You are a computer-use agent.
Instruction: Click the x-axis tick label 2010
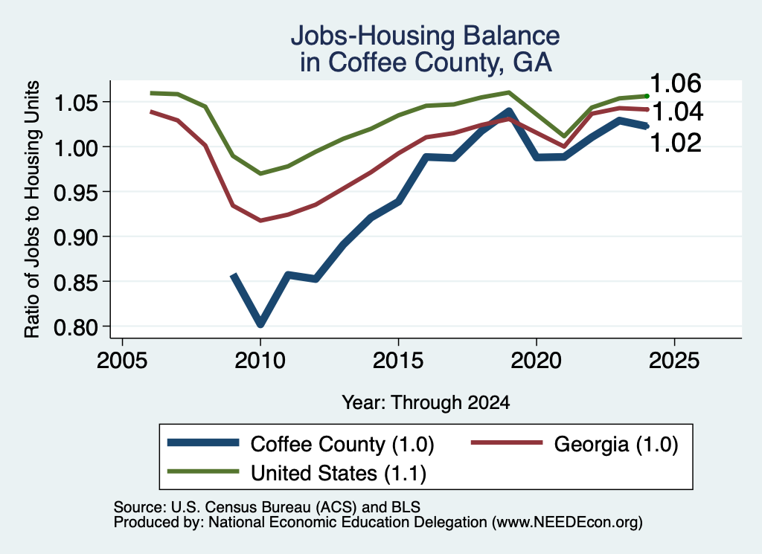[260, 361]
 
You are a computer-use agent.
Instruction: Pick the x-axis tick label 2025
[674, 361]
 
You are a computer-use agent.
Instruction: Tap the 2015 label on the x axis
[398, 361]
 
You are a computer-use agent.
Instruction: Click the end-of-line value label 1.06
[676, 83]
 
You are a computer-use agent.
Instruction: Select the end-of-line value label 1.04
[677, 112]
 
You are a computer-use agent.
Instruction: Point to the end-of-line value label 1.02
[676, 143]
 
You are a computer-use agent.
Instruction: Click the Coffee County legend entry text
[342, 444]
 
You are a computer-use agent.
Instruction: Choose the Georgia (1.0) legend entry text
[615, 444]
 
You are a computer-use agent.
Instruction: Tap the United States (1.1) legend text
[339, 474]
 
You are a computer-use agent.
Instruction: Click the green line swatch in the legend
[203, 471]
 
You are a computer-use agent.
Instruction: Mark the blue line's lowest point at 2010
[260, 323]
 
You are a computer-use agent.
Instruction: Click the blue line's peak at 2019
[509, 112]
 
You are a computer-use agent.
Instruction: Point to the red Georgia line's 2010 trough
[260, 220]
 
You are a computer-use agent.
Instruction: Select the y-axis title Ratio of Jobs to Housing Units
[32, 209]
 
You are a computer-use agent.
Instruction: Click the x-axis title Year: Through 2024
[426, 402]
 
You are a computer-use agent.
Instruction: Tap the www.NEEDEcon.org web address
[567, 523]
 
